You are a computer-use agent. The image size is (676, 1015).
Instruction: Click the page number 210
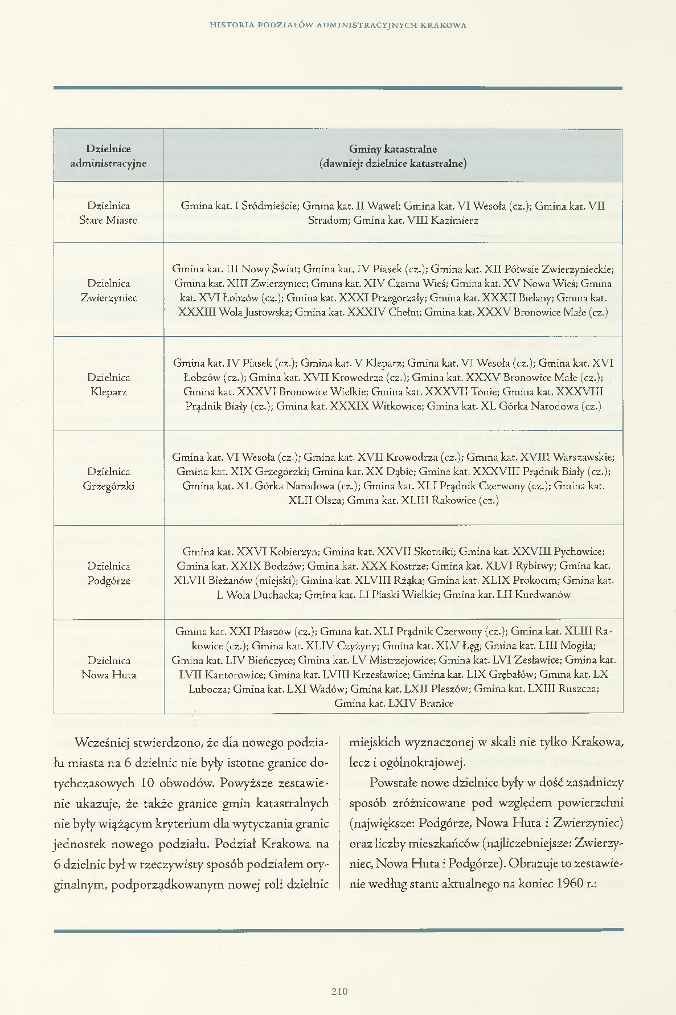coord(339,992)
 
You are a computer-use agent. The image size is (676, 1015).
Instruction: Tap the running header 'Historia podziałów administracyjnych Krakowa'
coord(338,25)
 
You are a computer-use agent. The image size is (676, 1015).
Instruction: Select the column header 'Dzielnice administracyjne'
coord(108,156)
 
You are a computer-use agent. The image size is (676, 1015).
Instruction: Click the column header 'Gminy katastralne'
coord(393,149)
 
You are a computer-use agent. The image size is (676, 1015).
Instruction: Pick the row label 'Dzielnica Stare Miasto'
coord(108,213)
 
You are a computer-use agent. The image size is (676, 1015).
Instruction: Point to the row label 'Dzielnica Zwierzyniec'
coord(108,290)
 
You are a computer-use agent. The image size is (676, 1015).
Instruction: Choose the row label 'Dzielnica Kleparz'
coord(108,384)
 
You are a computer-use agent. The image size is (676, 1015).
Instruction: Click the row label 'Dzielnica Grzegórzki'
coord(108,479)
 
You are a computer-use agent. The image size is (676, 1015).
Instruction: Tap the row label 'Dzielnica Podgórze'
coord(108,574)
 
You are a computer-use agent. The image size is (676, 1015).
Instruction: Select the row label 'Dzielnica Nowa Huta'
coord(108,668)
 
